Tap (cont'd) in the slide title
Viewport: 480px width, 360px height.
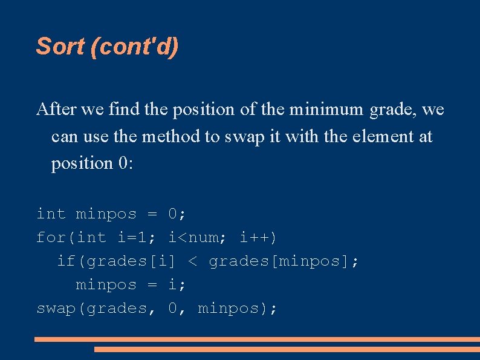[x=134, y=46]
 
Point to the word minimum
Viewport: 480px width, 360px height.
[x=325, y=110]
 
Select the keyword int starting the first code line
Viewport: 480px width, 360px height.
[x=51, y=214]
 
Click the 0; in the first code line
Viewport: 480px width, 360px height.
[x=177, y=214]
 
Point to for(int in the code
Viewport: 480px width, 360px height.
[x=71, y=237]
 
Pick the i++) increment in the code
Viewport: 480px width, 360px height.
[x=259, y=237]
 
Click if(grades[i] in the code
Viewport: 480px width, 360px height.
[x=116, y=261]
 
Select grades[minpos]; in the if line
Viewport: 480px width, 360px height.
[x=284, y=261]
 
